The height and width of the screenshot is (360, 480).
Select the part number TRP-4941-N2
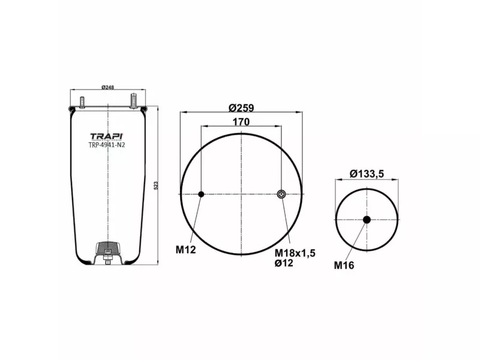[107, 144]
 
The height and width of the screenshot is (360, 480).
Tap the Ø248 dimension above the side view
[107, 88]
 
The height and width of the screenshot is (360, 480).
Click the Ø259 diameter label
[241, 108]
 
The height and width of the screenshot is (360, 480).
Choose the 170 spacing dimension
[241, 122]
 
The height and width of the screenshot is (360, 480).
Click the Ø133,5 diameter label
[367, 174]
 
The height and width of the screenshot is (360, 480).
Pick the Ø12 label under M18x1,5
[284, 263]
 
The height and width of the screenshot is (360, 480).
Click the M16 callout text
[344, 265]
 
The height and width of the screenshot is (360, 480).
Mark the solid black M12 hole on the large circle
[201, 194]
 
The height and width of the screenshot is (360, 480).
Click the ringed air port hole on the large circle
[281, 194]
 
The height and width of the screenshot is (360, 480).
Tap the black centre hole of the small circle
[367, 220]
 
